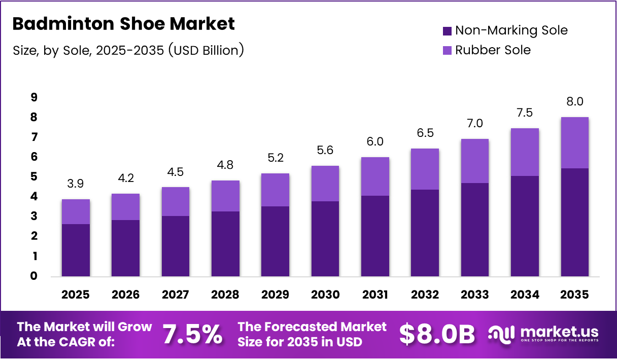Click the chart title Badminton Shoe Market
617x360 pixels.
pos(123,24)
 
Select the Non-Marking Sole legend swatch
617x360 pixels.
pos(447,31)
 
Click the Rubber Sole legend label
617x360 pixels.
pos(492,50)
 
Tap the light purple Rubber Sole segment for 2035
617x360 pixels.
pos(574,143)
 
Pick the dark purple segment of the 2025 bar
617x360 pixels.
pos(76,250)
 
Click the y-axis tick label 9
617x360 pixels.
pos(33,97)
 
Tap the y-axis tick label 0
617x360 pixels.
pos(33,276)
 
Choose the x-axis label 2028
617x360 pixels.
pos(225,295)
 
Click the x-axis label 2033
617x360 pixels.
pos(475,295)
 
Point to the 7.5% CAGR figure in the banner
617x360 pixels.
pos(192,335)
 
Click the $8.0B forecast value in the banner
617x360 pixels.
pos(437,335)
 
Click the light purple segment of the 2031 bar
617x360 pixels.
pos(375,176)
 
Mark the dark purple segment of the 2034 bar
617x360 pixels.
pos(525,226)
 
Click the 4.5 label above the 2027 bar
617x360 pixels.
pos(176,172)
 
